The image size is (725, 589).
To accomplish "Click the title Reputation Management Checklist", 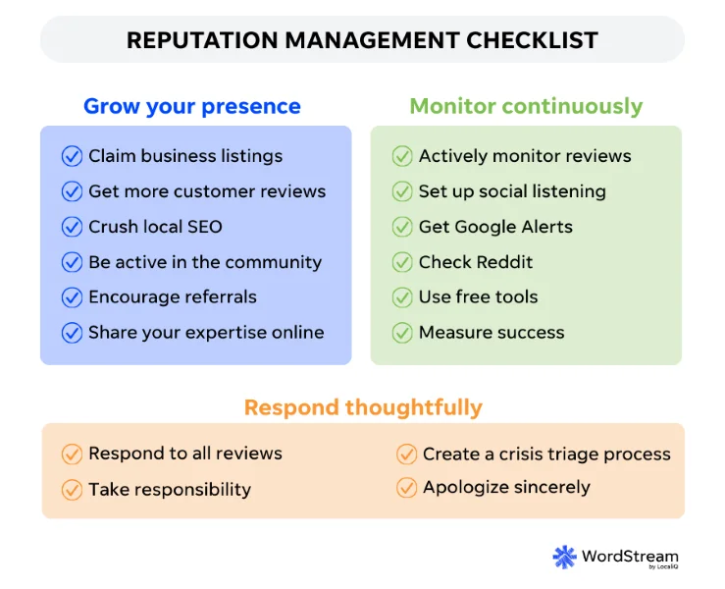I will point(362,40).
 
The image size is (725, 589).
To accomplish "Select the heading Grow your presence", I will point(192,107).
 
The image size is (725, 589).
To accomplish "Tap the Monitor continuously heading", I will point(526,107).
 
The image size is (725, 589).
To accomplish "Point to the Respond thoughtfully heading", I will point(363,406).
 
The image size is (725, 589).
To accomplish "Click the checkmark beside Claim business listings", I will point(72,156).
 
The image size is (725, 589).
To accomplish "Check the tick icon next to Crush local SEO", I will point(72,227).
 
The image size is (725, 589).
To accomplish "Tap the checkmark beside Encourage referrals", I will point(72,296).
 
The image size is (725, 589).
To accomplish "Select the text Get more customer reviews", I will point(207,191).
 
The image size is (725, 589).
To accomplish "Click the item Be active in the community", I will point(205,262).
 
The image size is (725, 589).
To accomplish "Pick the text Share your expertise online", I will point(206,332).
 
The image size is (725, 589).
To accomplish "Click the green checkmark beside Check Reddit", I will point(402,262).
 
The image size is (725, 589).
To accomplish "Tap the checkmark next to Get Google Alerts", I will point(402,227).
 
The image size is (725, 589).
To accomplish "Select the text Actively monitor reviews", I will point(525,156).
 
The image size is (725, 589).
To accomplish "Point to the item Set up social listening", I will point(512,191).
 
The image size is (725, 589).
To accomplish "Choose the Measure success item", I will point(492,332).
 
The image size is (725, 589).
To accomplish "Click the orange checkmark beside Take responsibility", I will point(72,489).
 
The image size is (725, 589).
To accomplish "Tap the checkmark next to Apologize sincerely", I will point(406,487).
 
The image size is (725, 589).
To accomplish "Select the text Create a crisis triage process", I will point(546,454).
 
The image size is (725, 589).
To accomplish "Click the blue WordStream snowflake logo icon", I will point(564,557).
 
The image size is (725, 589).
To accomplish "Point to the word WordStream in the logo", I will point(629,555).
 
